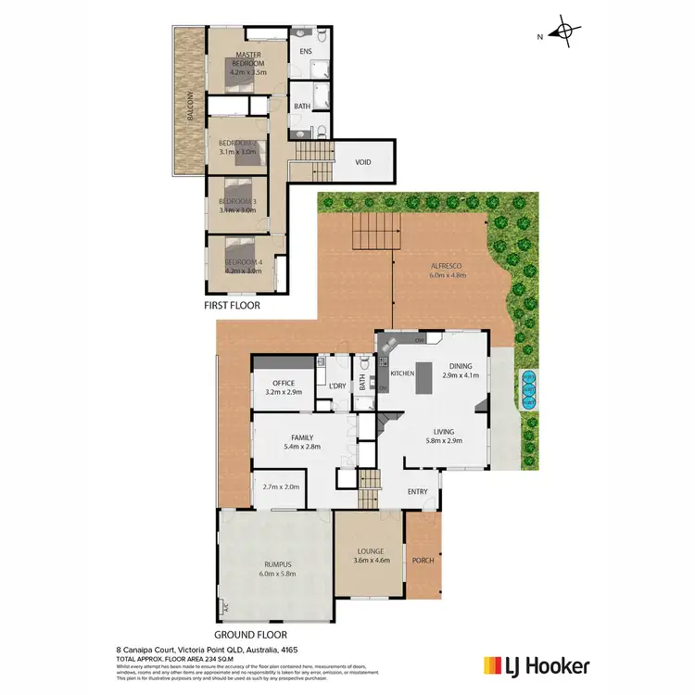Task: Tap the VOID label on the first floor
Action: coord(363,162)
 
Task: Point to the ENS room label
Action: coord(305,52)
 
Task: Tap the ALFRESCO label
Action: coord(447,266)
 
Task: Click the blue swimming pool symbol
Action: coord(529,390)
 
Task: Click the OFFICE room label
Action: coord(284,384)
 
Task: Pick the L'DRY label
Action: coord(337,385)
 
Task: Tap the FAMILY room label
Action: coord(302,437)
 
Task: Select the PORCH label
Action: coord(423,561)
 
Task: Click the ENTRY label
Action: coord(418,491)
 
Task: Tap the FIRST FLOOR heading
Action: coord(232,305)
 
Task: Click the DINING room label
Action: coord(461,366)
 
